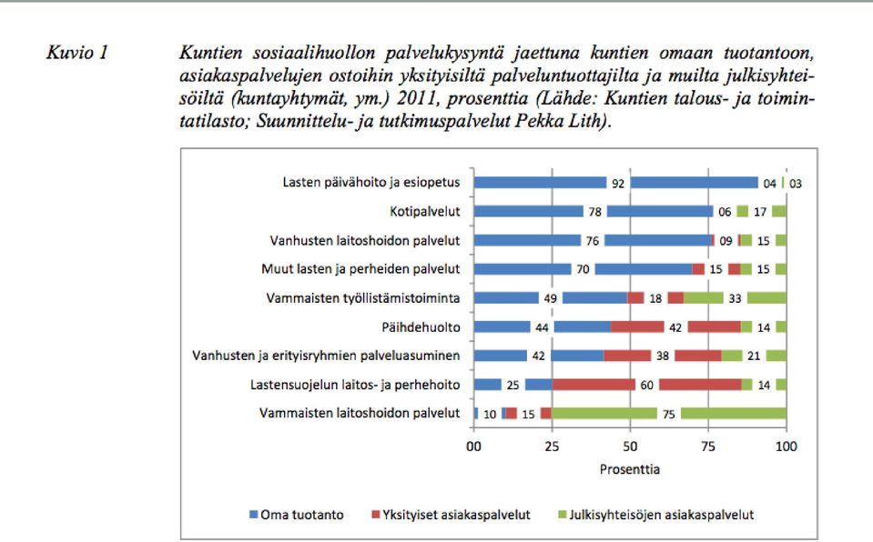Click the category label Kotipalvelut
click(x=425, y=212)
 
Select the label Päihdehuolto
click(x=421, y=327)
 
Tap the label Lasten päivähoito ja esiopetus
click(x=371, y=183)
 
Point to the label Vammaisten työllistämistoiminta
click(x=363, y=298)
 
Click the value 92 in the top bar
click(x=618, y=183)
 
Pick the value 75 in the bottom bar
click(x=669, y=414)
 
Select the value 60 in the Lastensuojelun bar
click(x=646, y=385)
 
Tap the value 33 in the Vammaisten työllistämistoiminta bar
click(x=735, y=298)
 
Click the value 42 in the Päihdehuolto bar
click(x=675, y=327)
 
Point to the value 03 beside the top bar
click(x=795, y=184)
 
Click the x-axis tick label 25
click(x=552, y=447)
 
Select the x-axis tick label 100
click(x=787, y=447)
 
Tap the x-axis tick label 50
click(x=630, y=447)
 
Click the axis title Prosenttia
click(x=630, y=469)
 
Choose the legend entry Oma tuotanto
click(x=296, y=515)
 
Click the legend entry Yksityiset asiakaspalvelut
click(x=451, y=515)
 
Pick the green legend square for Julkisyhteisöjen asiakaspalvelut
click(x=563, y=515)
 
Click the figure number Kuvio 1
click(x=76, y=53)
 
